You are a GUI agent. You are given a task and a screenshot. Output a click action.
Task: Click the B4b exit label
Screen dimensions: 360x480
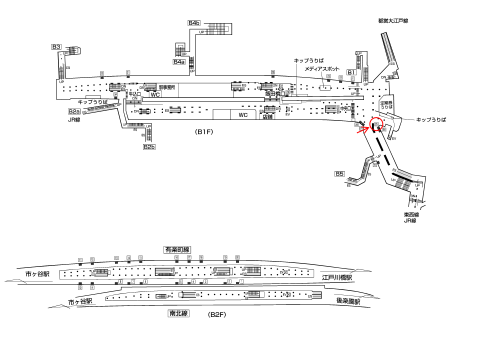(194, 23)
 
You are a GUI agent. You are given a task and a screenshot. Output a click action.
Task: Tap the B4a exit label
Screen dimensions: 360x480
(179, 62)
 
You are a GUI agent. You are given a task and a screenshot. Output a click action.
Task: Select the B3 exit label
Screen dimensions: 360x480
(56, 47)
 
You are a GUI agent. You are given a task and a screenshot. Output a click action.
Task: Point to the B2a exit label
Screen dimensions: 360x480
(74, 111)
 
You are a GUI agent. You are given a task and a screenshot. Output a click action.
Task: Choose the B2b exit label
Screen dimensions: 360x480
(149, 147)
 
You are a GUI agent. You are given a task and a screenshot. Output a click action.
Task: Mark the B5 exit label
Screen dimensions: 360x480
(339, 174)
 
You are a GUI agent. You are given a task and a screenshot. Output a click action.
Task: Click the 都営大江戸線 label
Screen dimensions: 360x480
(393, 20)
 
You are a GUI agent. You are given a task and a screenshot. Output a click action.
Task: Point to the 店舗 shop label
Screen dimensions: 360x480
(268, 117)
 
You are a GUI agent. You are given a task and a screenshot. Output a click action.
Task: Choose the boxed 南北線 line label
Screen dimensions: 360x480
(178, 314)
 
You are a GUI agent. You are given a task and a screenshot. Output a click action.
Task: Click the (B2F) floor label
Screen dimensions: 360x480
(217, 315)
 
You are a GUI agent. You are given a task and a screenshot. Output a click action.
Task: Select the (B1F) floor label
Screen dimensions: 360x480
(205, 132)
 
